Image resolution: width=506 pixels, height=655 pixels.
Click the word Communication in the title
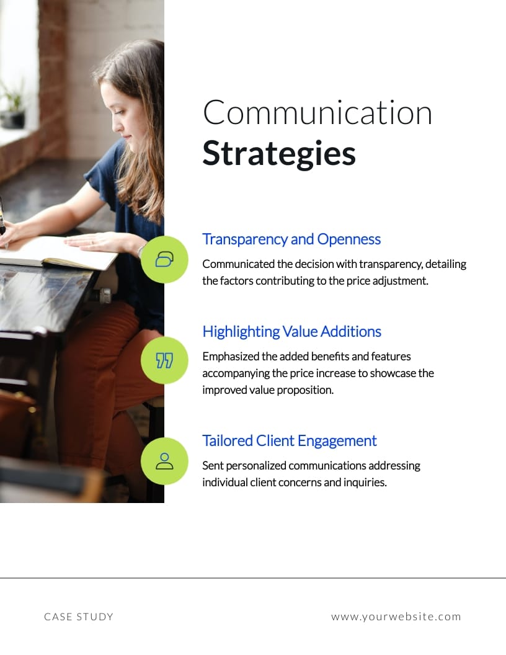click(x=317, y=113)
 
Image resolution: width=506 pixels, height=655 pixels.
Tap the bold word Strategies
click(x=279, y=154)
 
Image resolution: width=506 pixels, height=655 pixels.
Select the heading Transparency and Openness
click(x=291, y=239)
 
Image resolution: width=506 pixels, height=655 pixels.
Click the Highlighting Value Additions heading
click(x=291, y=332)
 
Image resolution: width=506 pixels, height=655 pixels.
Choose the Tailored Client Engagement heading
click(x=290, y=441)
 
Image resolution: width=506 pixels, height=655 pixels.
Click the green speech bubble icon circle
click(x=164, y=259)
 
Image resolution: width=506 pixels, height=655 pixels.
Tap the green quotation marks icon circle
click(x=164, y=360)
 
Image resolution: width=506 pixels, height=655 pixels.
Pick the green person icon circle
click(x=164, y=461)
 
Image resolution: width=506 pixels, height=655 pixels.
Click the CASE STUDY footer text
click(x=79, y=617)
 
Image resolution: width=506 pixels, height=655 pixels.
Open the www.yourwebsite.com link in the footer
click(x=396, y=617)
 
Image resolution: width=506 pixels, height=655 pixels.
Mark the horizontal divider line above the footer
click(x=253, y=578)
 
